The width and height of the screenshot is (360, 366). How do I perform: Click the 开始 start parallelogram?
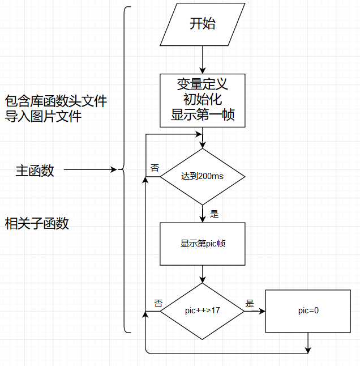pos(203,24)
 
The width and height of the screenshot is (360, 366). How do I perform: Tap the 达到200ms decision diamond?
pos(203,176)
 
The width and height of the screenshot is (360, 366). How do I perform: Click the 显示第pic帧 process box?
pos(203,244)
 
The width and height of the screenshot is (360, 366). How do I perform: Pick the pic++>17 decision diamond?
pos(203,311)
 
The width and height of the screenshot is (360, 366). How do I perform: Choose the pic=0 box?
pos(308,311)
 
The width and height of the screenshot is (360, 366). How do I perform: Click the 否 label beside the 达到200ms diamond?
pos(155,168)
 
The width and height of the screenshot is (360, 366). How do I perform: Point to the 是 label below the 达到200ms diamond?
pos(214,214)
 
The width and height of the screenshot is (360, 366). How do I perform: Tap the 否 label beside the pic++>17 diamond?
pos(158,303)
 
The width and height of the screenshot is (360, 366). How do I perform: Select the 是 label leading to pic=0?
pos(250,303)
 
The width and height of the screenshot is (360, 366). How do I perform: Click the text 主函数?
pos(35,171)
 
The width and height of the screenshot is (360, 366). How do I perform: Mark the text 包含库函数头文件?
pos(56,101)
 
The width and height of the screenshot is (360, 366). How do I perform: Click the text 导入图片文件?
pos(44,117)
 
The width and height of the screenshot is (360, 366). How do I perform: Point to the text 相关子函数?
pos(37,223)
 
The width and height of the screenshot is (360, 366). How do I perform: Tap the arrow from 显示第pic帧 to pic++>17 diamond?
pos(203,274)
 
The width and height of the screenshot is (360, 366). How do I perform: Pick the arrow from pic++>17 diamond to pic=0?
pos(255,311)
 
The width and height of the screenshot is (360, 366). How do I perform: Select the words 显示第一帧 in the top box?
pos(203,116)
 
